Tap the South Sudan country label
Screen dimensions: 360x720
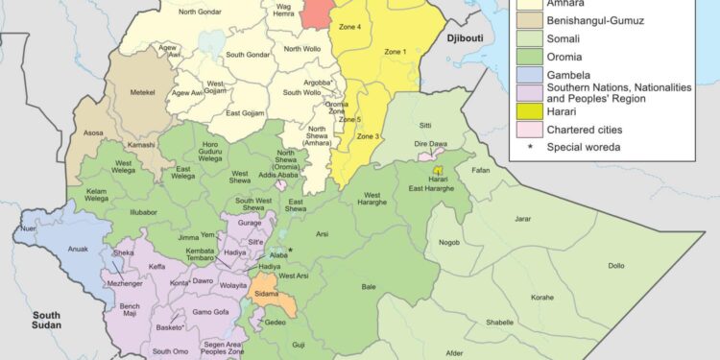point(46,321)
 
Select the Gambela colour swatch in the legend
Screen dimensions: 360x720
point(527,75)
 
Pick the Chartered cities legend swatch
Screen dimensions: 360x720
point(527,131)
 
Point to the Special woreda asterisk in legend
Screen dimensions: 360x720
point(527,147)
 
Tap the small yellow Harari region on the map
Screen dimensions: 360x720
point(438,169)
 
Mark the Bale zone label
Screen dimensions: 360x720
point(370,286)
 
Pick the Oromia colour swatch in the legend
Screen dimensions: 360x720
point(527,57)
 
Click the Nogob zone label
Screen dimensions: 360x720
point(450,242)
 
